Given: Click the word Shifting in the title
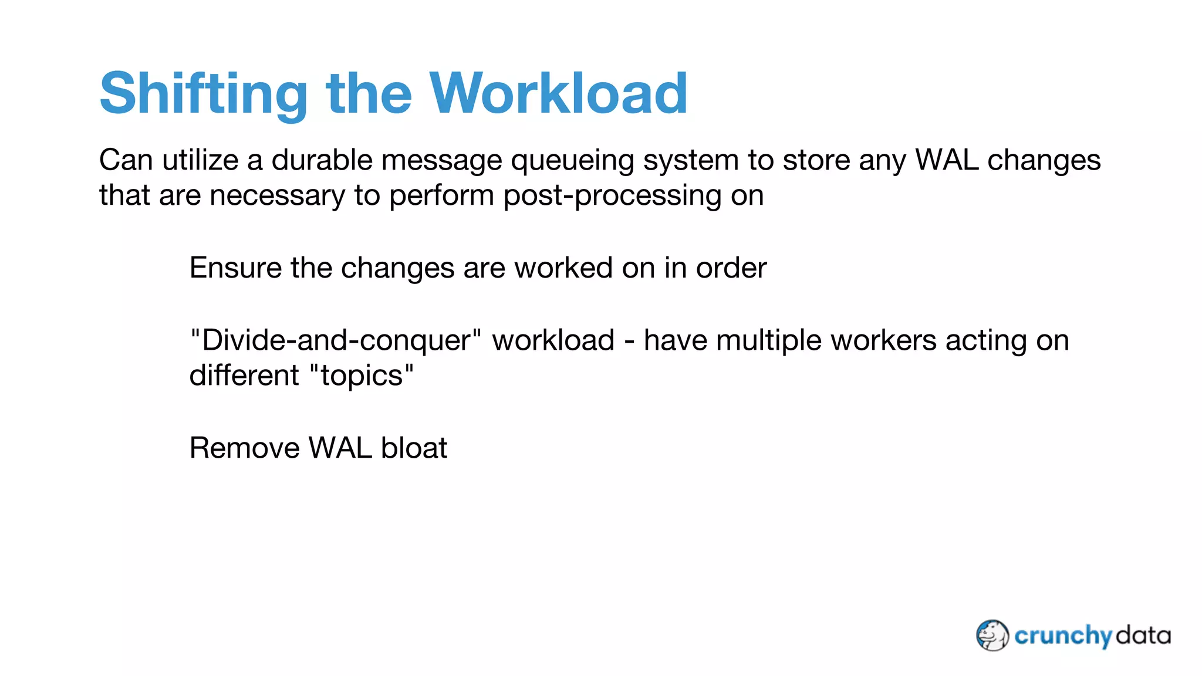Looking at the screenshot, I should click(x=203, y=94).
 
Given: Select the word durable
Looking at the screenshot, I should click(x=322, y=160).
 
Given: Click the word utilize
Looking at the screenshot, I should click(x=200, y=160).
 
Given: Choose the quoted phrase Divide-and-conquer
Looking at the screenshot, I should click(x=336, y=341).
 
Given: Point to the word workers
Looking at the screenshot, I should click(x=883, y=341).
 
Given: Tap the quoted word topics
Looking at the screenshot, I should click(x=361, y=376).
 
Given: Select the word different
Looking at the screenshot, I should click(x=244, y=376).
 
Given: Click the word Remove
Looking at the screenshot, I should click(x=245, y=448).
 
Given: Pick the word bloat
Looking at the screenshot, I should click(x=414, y=448).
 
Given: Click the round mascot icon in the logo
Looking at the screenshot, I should click(x=992, y=636).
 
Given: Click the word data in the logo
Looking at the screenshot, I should click(x=1143, y=636).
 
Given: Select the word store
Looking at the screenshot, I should click(x=816, y=160).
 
